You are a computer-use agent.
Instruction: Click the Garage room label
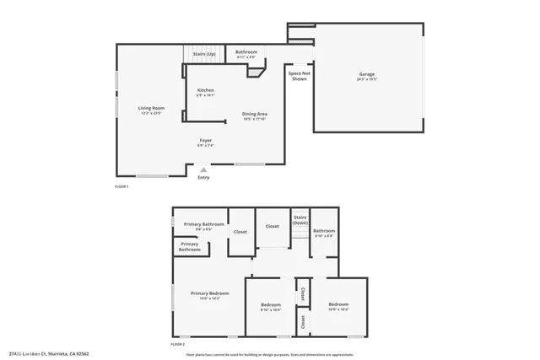[x=366, y=75]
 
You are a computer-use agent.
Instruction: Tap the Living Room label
[x=152, y=109]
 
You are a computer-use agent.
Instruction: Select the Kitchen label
[x=206, y=91]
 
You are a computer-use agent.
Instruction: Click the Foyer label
[x=206, y=141]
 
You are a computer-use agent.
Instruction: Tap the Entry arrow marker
[x=203, y=170]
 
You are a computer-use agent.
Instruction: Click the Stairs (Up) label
[x=203, y=52]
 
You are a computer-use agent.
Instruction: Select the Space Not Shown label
[x=298, y=75]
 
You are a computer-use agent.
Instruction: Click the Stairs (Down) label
[x=300, y=219]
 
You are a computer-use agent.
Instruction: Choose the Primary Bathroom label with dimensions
[x=204, y=225]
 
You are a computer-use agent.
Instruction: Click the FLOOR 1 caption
[x=121, y=186]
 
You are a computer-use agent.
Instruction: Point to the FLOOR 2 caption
[x=178, y=344]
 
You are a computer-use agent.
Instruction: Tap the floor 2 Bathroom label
[x=324, y=232]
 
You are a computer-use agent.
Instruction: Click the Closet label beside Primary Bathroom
[x=240, y=231]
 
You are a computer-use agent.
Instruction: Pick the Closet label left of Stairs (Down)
[x=272, y=226]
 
